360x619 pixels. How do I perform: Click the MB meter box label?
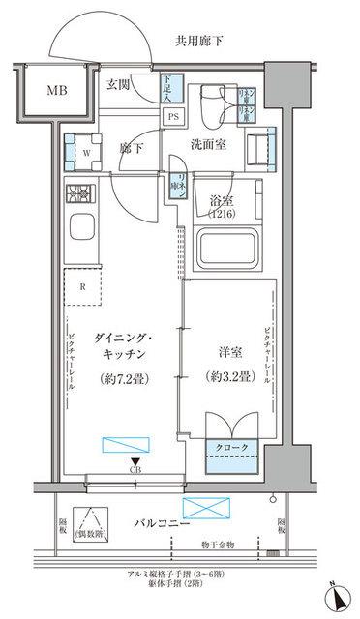45,93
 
